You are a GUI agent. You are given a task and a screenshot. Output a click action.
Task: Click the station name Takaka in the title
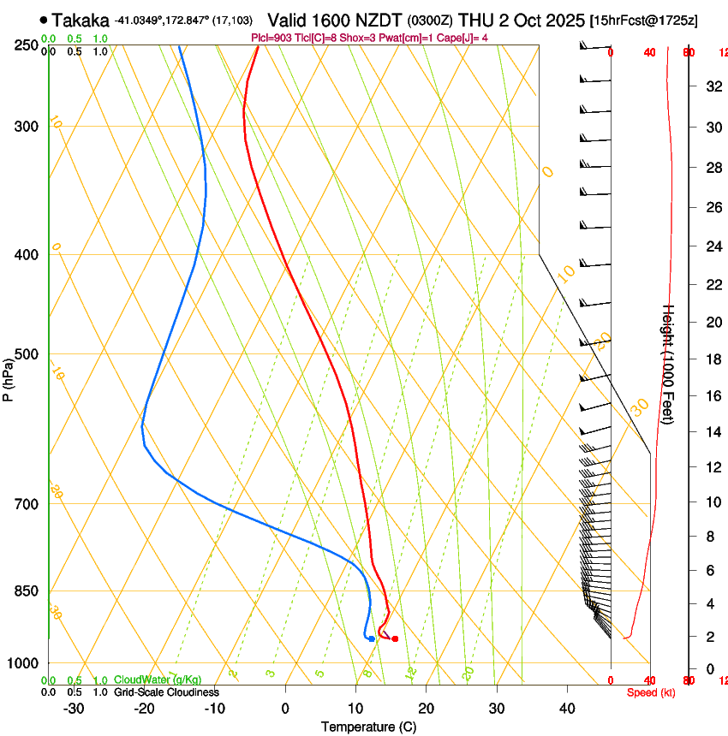(x=81, y=20)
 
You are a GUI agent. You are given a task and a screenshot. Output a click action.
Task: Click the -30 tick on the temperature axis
(x=74, y=708)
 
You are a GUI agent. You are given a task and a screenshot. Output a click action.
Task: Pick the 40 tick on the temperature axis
(x=566, y=708)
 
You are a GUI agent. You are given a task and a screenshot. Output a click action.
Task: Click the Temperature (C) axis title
(x=368, y=727)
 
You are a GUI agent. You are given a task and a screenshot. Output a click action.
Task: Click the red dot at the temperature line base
(x=395, y=638)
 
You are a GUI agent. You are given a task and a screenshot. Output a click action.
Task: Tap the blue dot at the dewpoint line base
(x=371, y=638)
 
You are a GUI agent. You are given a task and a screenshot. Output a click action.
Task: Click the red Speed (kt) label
(x=650, y=692)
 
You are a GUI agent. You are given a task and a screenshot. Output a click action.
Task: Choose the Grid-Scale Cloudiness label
(x=165, y=692)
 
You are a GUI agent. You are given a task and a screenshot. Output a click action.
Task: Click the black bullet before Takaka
(x=44, y=19)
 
